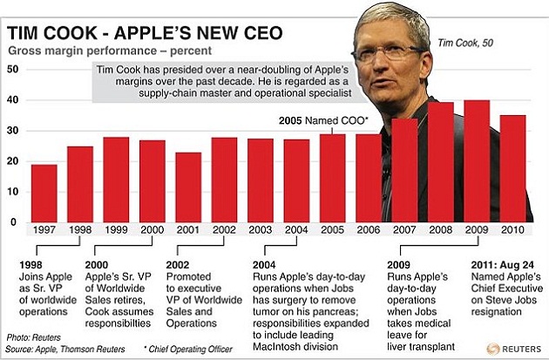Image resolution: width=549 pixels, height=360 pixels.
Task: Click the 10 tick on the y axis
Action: click(x=12, y=192)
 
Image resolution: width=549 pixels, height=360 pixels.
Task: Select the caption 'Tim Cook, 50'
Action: click(x=468, y=42)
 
